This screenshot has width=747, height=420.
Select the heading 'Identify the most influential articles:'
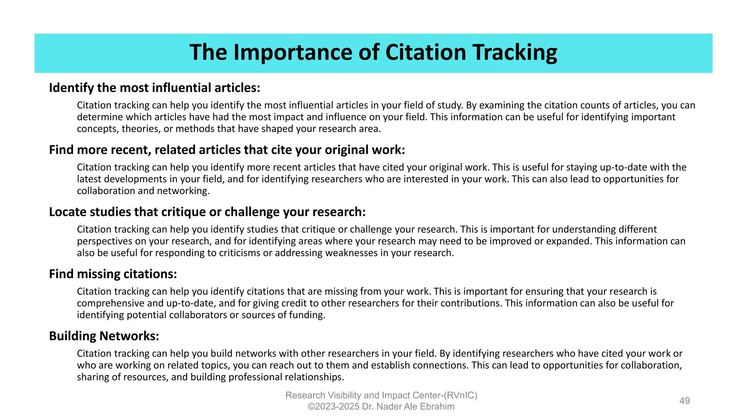[x=155, y=88]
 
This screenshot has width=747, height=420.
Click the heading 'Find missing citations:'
[x=113, y=274]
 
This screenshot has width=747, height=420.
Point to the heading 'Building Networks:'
[x=104, y=336]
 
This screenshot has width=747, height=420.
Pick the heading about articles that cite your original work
[x=227, y=150]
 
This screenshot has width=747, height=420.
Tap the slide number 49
[x=684, y=401]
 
